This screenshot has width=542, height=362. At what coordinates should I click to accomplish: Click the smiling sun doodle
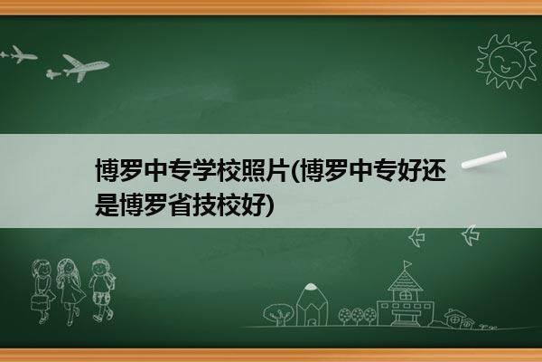[506, 62]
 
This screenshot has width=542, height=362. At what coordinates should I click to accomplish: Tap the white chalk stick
[484, 160]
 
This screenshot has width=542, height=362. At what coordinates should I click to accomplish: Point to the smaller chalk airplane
[19, 54]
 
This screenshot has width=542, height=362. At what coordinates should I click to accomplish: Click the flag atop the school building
[408, 264]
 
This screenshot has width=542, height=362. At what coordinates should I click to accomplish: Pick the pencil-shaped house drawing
[312, 305]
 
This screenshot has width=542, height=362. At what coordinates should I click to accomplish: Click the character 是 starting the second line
[107, 205]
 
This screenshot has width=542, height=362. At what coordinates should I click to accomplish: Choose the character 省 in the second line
[180, 205]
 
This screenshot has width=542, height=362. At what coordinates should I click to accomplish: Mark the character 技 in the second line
[204, 205]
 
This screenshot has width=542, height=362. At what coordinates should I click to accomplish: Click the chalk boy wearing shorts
[101, 291]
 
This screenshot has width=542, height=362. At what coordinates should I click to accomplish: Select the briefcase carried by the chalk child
[38, 302]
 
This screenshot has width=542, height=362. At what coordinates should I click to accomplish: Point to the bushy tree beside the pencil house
[278, 314]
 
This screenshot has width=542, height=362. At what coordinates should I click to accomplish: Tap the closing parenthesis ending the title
[270, 205]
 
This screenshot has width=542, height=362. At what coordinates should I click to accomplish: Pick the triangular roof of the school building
[405, 281]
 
